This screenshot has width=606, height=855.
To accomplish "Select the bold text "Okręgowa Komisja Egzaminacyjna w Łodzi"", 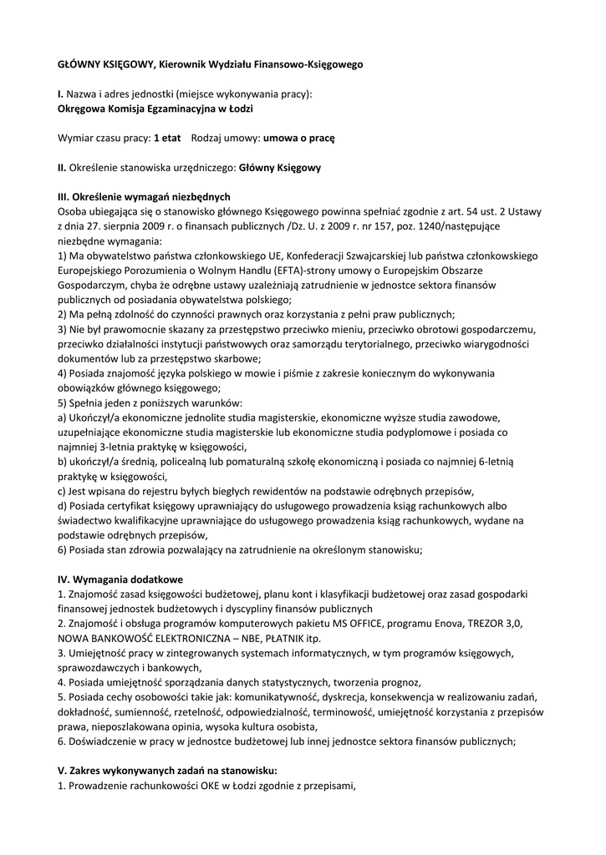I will coord(155,109).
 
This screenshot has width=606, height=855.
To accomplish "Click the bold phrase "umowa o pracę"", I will coord(298,138).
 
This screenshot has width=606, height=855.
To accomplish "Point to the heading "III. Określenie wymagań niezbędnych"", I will coord(143,196).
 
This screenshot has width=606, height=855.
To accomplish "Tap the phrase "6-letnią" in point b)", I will coord(500,462).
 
